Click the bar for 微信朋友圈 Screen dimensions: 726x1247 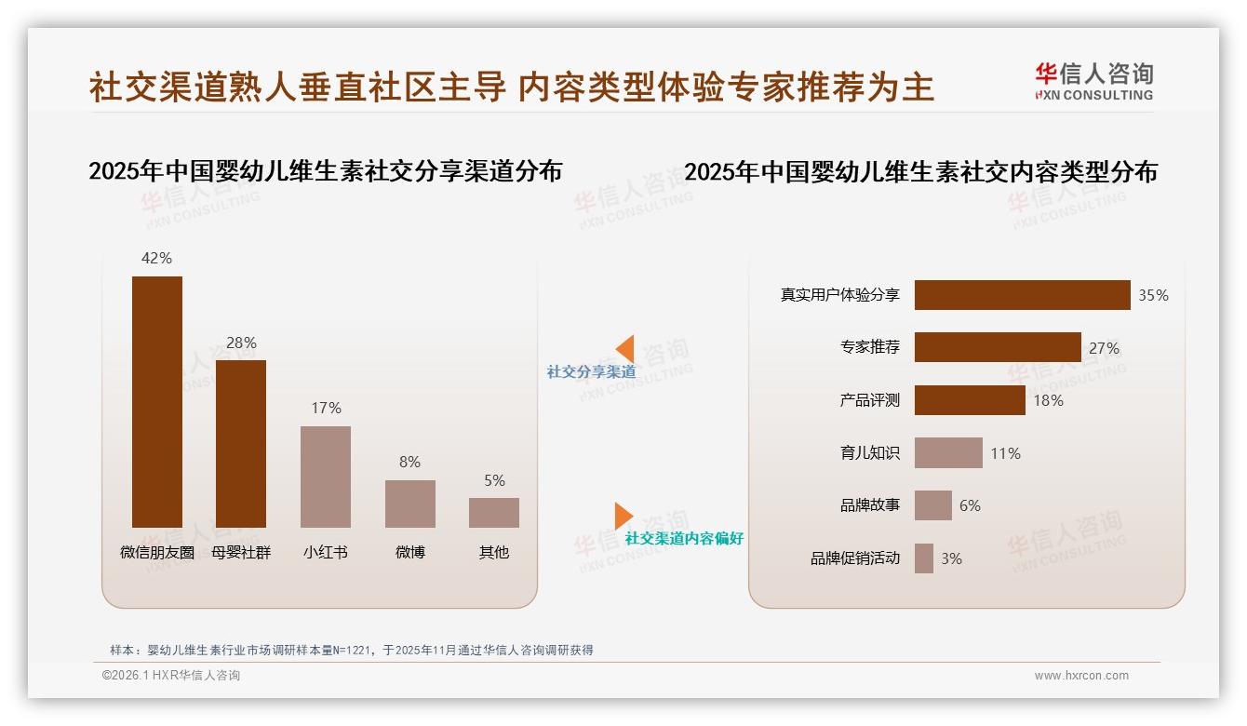[156, 402]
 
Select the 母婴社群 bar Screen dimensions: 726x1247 [241, 444]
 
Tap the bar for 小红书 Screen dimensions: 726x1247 [326, 477]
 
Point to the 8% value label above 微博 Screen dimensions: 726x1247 [409, 462]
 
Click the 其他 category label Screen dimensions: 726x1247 [494, 552]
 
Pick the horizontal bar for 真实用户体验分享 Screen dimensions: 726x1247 [1022, 295]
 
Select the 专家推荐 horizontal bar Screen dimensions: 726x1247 [998, 347]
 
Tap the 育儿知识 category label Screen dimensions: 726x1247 [869, 453]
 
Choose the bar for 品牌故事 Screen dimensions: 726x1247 [933, 505]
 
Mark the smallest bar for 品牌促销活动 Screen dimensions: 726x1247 [924, 558]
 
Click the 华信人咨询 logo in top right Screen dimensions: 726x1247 [1094, 82]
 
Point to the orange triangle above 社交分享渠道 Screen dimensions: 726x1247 [625, 348]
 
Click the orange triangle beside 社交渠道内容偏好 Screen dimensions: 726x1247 [623, 515]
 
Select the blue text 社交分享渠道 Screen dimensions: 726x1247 [591, 372]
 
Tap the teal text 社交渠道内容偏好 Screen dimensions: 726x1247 [684, 538]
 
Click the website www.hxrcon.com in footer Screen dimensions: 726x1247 [1081, 676]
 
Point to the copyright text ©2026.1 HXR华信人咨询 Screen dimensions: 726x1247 [171, 676]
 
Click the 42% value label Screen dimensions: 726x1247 [156, 258]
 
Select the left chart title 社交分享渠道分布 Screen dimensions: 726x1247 [325, 171]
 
